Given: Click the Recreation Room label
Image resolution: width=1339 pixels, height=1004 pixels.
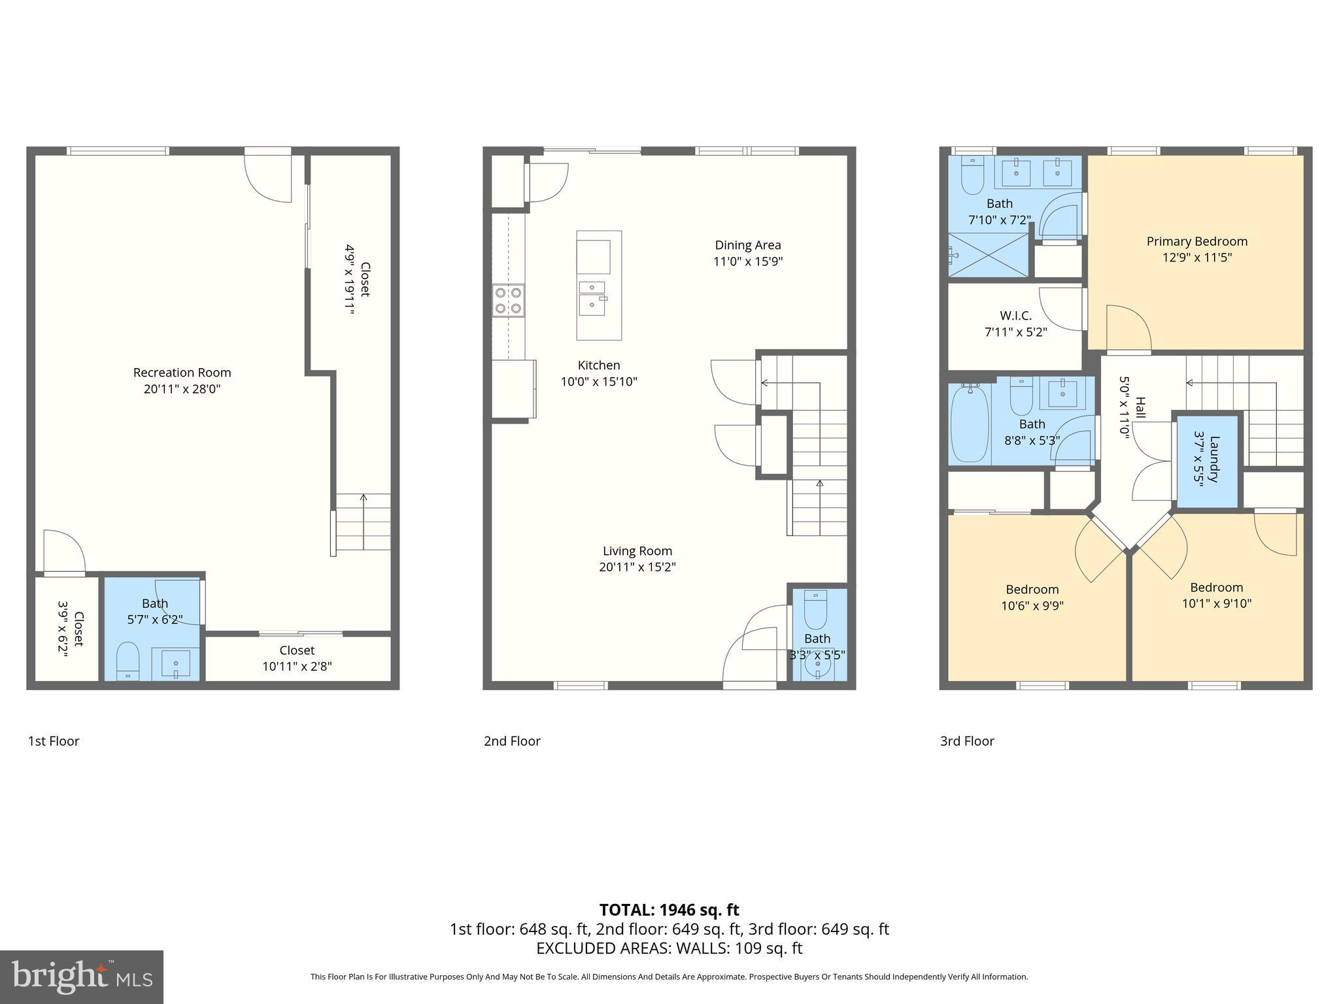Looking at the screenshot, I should tap(182, 373).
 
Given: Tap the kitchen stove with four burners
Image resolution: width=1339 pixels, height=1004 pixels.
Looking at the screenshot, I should tap(509, 301).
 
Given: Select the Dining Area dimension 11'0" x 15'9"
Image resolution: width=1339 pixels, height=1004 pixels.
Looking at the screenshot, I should tap(747, 261).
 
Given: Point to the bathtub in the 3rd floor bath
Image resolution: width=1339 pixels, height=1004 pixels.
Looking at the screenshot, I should tap(970, 424).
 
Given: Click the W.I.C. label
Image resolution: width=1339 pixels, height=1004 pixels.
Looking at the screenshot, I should tap(1015, 316).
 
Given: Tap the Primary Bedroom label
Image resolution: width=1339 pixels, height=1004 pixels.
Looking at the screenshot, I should tap(1196, 241).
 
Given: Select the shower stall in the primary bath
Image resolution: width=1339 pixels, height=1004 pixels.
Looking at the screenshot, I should tap(989, 255).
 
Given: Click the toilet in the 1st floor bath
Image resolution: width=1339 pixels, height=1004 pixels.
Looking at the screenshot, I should tap(127, 660).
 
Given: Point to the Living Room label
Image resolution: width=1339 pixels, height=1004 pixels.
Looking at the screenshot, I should tap(637, 551).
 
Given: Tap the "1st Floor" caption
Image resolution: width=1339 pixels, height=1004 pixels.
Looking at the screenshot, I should tap(54, 741).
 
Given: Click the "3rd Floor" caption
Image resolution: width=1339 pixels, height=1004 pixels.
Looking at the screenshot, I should tap(967, 741).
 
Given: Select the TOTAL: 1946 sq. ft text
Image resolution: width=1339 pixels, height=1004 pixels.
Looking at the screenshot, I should tap(669, 909).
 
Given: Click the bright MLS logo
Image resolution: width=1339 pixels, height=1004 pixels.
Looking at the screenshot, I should tap(81, 977).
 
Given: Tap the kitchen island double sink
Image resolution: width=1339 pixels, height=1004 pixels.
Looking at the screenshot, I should tap(592, 297).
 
